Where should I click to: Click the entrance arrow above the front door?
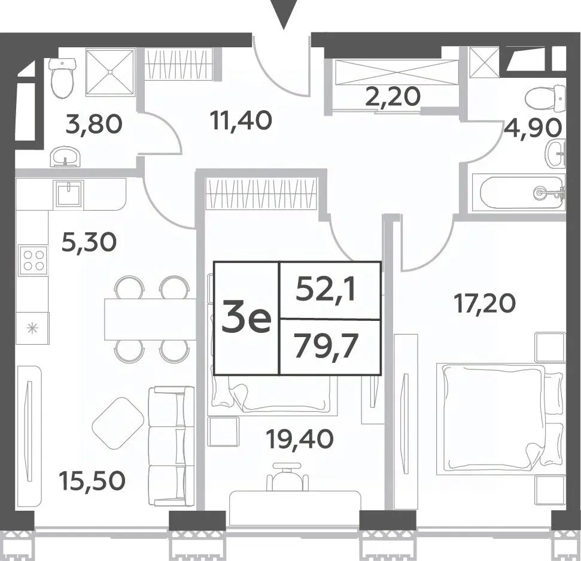tap(284, 14)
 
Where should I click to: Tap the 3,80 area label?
tap(93, 124)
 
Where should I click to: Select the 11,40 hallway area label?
tap(241, 120)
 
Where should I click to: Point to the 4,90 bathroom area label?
tap(533, 128)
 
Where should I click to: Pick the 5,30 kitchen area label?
tap(89, 242)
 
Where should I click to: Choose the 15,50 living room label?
tap(92, 480)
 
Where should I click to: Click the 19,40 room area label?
tap(300, 439)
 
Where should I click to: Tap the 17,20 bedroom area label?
tap(485, 304)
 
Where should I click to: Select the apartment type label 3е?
tap(247, 318)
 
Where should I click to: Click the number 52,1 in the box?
tap(326, 290)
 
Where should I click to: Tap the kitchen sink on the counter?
tap(69, 193)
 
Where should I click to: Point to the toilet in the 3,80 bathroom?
tap(63, 77)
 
